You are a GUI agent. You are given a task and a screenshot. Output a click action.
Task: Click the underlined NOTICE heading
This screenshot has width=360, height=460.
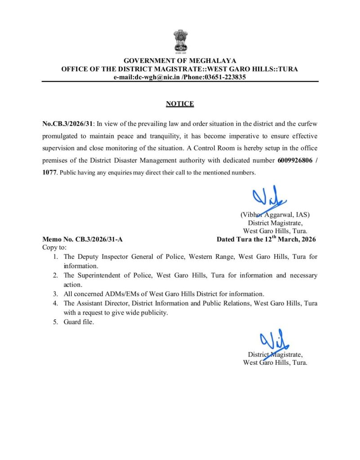click(x=180, y=104)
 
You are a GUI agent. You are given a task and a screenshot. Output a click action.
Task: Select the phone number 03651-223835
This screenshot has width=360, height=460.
click(x=225, y=77)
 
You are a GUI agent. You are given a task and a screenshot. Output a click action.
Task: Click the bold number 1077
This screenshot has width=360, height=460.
click(x=50, y=172)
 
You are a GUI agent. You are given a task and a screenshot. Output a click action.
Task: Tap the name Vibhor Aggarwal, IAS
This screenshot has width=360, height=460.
click(x=275, y=215)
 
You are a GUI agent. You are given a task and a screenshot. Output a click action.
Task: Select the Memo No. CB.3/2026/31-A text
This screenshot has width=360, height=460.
click(x=82, y=239)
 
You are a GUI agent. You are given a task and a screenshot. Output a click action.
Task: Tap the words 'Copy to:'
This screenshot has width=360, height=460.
click(x=54, y=248)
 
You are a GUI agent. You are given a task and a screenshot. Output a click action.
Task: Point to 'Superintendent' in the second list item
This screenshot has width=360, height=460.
click(x=98, y=275)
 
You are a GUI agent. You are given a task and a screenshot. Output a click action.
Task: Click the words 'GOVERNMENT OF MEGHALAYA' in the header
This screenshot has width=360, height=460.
click(x=180, y=61)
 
